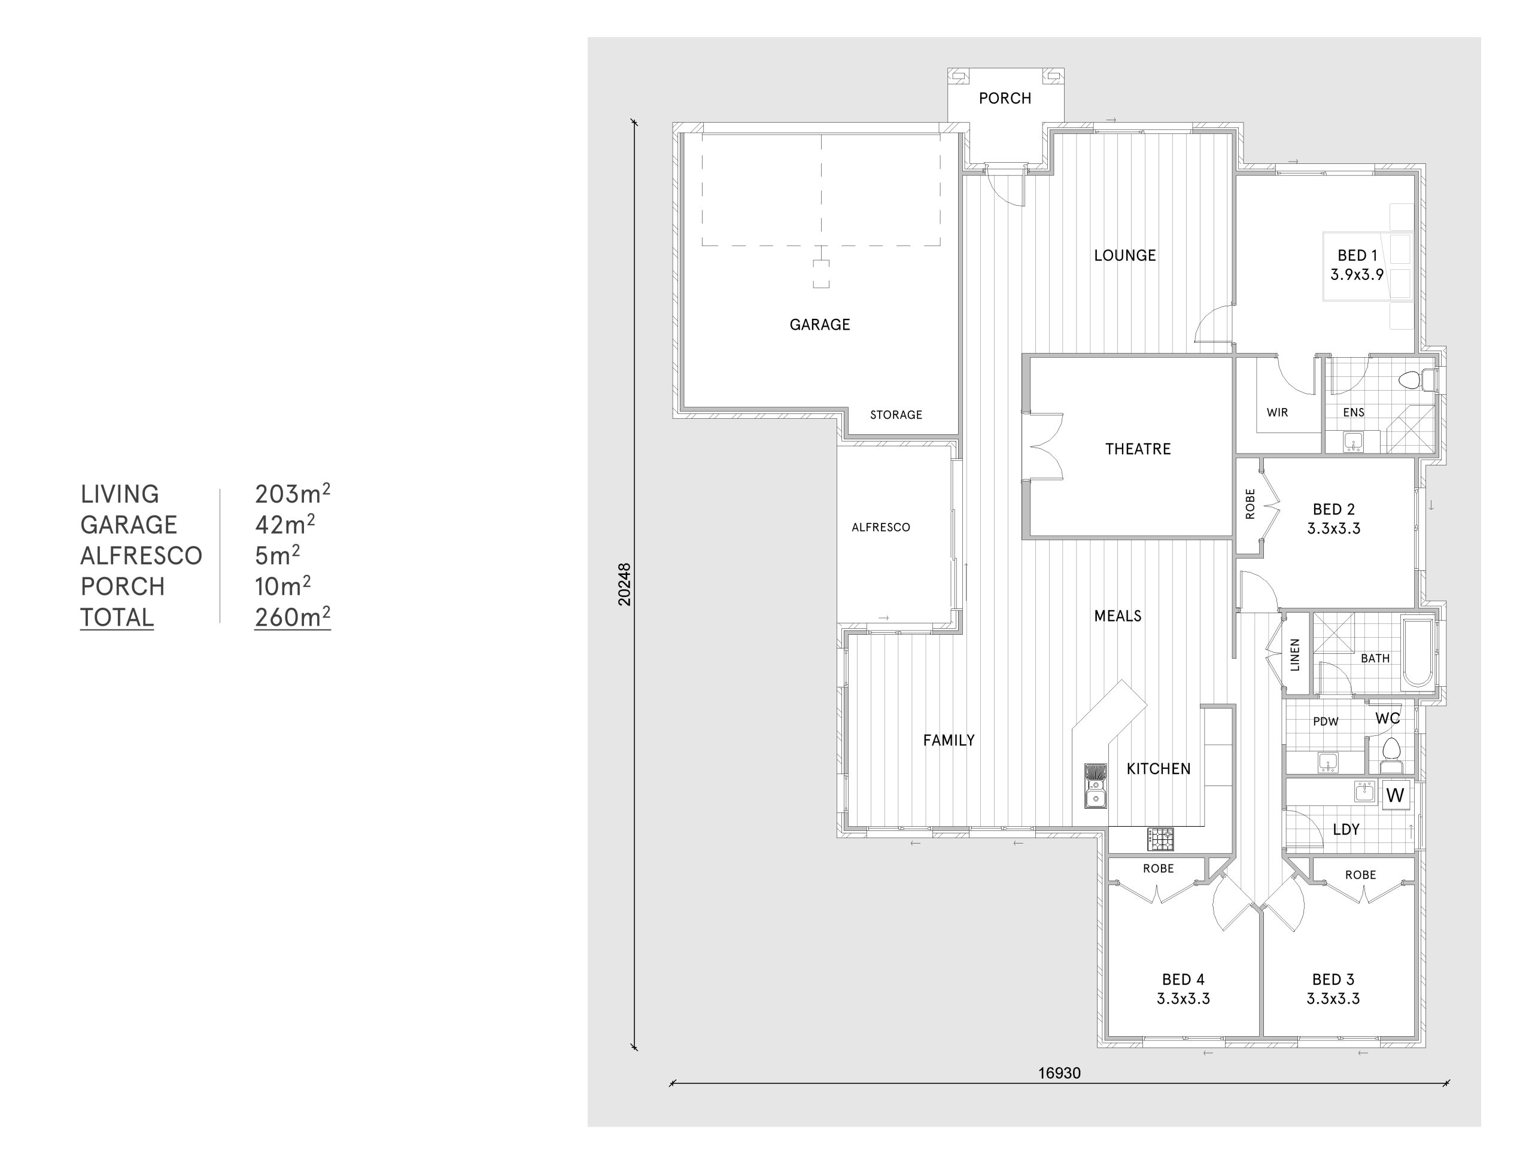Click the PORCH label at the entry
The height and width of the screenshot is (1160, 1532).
pos(1005,98)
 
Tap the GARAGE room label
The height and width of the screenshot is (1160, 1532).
pos(820,325)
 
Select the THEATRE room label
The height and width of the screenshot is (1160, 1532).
pos(1138,449)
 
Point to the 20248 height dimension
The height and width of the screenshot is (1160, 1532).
pos(625,584)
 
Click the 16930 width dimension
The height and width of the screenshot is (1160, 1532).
pos(1059,1073)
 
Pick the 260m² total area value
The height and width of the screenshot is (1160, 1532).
pos(292,617)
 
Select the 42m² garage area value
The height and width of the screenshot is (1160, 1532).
pos(285,524)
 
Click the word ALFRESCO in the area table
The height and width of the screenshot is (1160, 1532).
pos(141,555)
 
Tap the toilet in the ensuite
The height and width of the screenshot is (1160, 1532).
pos(1417,380)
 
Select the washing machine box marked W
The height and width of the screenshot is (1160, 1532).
pos(1395,795)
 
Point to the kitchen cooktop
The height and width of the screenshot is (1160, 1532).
pos(1161,839)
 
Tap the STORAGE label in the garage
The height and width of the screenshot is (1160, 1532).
pos(896,415)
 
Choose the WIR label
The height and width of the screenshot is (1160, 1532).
pos(1277,413)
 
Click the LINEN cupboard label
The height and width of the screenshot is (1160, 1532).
pos(1294,654)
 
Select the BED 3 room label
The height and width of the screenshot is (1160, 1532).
pos(1333,979)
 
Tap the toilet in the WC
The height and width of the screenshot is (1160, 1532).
pos(1391,756)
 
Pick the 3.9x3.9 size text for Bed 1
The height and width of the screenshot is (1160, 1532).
pos(1357,275)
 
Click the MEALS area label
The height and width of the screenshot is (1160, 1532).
pos(1118,616)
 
